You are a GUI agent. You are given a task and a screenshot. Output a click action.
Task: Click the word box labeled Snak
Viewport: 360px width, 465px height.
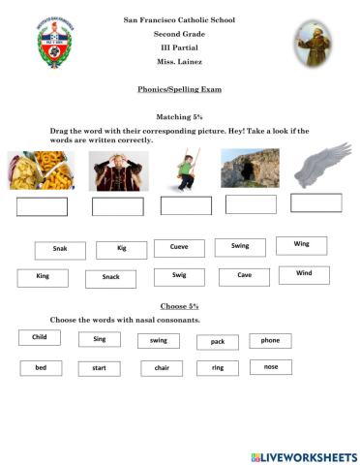[x=59, y=250]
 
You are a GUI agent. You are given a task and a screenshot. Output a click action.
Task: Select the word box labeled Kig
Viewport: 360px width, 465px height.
[x=121, y=249]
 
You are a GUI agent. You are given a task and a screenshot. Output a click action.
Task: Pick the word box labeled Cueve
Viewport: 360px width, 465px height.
[x=179, y=248]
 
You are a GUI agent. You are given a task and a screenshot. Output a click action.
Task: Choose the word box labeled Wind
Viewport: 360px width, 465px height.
[x=304, y=274]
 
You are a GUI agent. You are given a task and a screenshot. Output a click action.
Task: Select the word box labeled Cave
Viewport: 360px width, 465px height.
[x=244, y=276]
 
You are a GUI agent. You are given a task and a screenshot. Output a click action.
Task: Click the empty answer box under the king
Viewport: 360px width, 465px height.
[x=117, y=206]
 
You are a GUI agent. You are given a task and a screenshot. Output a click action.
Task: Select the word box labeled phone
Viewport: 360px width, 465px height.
[x=270, y=340]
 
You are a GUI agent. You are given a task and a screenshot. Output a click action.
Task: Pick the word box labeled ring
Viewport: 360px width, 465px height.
[x=218, y=368]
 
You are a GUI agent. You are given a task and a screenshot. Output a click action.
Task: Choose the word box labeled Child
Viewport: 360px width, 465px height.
[x=39, y=338]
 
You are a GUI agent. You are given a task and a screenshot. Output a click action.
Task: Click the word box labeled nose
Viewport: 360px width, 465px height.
[x=270, y=367]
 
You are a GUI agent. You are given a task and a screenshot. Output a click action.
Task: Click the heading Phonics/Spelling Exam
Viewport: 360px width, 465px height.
[x=180, y=89]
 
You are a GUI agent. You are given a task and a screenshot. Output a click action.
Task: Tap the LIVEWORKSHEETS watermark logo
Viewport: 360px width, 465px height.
[x=303, y=455]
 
